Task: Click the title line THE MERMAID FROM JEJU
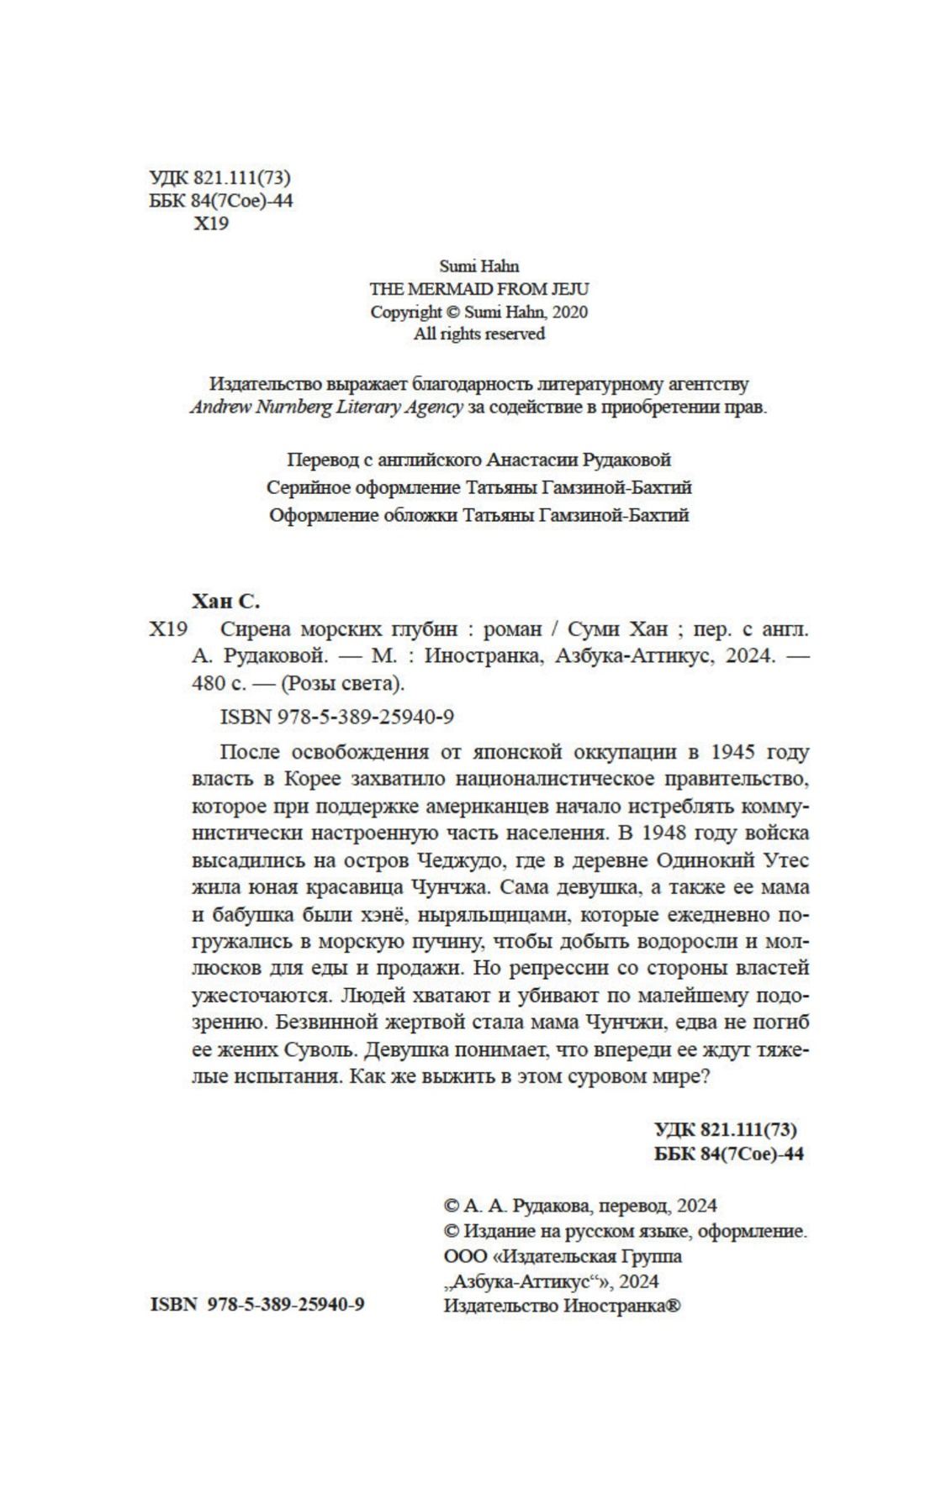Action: [478, 289]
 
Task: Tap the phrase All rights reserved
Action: [478, 334]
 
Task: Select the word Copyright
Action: [405, 312]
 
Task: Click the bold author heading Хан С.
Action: [226, 601]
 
